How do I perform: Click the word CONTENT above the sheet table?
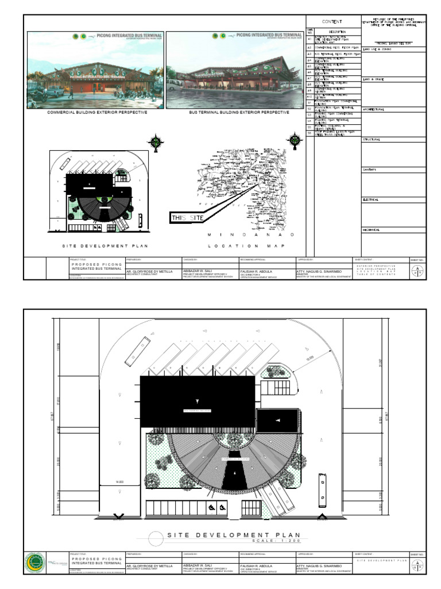pos(332,22)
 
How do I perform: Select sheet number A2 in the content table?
pos(310,47)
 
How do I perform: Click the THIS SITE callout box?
pos(186,217)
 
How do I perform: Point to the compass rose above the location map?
pos(295,139)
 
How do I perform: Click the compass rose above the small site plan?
pos(154,141)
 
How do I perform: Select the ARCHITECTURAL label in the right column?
pos(374,109)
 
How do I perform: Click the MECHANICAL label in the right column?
pos(372,230)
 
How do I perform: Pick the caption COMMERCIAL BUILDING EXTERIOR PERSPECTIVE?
pos(95,113)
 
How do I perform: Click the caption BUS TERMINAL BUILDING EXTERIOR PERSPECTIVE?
pos(239,113)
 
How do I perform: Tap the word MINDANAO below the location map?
pos(251,235)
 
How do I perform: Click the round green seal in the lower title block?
pos(35,563)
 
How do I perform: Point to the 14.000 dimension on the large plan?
pos(120,481)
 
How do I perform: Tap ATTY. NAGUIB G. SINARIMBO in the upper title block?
pos(320,270)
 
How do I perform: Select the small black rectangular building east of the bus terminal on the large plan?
pos(275,420)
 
